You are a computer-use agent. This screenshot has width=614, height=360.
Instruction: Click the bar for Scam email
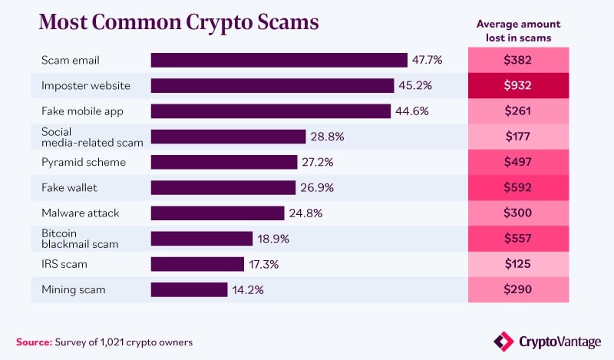279,60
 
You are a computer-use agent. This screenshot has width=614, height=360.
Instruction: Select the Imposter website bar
272,85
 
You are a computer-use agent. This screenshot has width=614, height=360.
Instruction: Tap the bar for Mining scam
189,289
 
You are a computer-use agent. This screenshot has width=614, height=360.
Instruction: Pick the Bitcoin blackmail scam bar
201,239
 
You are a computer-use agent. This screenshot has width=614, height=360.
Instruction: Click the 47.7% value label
427,60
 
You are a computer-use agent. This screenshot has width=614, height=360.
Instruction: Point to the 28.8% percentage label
327,137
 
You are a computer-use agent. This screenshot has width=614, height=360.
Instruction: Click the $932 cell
519,85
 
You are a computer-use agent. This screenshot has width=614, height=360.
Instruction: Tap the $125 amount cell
519,264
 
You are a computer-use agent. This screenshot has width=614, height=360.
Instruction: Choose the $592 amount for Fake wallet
519,187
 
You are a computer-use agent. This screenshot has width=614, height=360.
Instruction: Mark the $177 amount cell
519,137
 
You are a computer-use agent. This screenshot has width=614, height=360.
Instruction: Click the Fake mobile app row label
82,111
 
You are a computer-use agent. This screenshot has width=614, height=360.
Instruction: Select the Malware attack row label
81,213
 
